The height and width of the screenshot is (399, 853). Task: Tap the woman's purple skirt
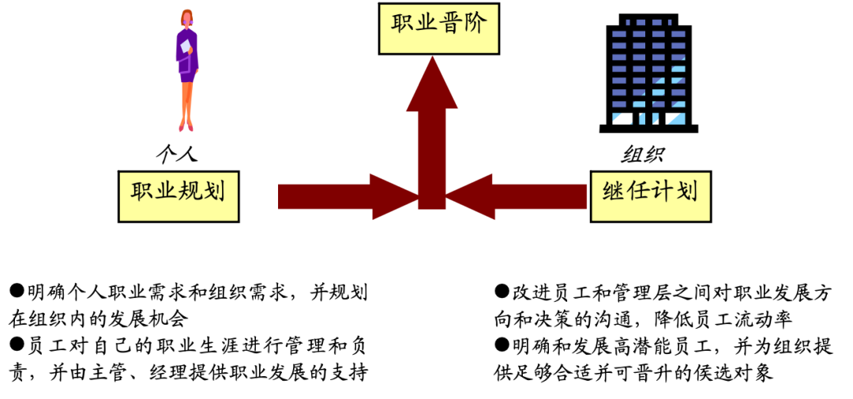(187, 74)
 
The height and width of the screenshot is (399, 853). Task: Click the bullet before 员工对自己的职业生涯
(16, 345)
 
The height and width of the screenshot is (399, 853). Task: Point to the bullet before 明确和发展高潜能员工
(501, 345)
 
